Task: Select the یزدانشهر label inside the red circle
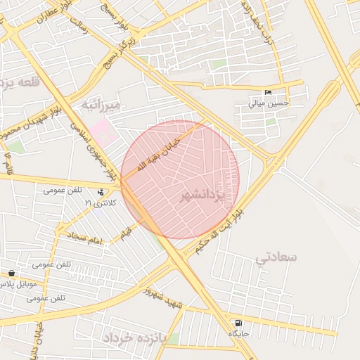[202, 195]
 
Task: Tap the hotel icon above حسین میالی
[268, 93]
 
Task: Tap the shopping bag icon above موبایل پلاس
[11, 274]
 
